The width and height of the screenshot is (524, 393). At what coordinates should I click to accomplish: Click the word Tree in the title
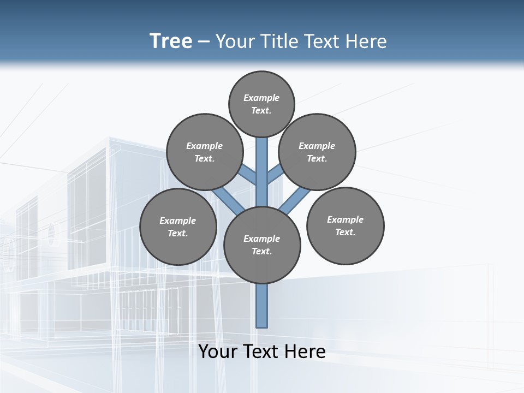coord(171,41)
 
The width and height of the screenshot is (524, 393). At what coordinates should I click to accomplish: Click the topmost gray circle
coord(261,104)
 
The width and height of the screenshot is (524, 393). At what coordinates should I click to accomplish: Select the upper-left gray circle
coord(205,152)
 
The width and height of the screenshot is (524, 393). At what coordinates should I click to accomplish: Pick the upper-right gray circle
coord(317,152)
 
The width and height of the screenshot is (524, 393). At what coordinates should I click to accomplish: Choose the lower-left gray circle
coord(178,227)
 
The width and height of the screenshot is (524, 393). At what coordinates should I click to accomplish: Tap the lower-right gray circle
coord(346,225)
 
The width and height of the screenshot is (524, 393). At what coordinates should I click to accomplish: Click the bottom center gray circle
coord(262,245)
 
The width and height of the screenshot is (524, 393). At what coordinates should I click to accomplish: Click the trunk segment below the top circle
coord(262,164)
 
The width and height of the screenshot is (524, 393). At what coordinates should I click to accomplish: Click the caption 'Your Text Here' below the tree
coord(262,352)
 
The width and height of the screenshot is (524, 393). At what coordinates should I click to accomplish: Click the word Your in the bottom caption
coord(218,352)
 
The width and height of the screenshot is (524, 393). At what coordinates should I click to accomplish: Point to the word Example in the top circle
coord(261,98)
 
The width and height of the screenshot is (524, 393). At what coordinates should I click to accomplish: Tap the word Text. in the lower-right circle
coord(346,232)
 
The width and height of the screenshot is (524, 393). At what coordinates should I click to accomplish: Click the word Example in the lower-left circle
coord(178,221)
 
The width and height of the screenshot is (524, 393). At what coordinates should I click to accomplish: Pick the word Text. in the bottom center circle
coord(262,251)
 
